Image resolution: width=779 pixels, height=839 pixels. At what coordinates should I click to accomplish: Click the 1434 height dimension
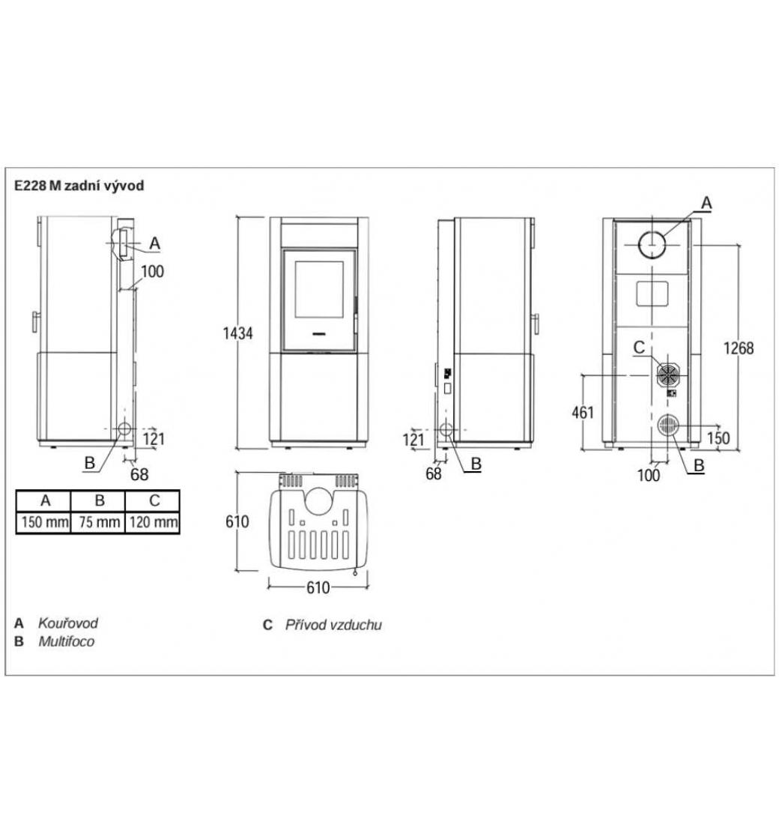click(x=237, y=333)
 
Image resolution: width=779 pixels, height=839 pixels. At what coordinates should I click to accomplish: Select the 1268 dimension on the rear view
click(x=739, y=348)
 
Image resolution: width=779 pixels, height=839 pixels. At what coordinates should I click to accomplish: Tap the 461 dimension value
click(x=583, y=413)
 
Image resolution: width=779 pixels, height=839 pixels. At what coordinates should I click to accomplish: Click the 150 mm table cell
click(x=44, y=521)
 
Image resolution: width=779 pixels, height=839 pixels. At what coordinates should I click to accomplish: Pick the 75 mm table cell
click(x=99, y=521)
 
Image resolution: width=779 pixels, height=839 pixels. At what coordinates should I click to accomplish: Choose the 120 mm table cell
click(x=154, y=521)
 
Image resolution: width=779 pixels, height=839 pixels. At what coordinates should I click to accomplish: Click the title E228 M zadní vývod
click(x=79, y=186)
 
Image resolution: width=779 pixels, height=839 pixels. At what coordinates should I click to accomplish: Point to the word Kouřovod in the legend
click(x=68, y=623)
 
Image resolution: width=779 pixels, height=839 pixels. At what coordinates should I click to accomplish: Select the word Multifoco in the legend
click(x=67, y=641)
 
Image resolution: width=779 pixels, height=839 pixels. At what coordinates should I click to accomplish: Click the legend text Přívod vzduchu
click(x=333, y=625)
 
